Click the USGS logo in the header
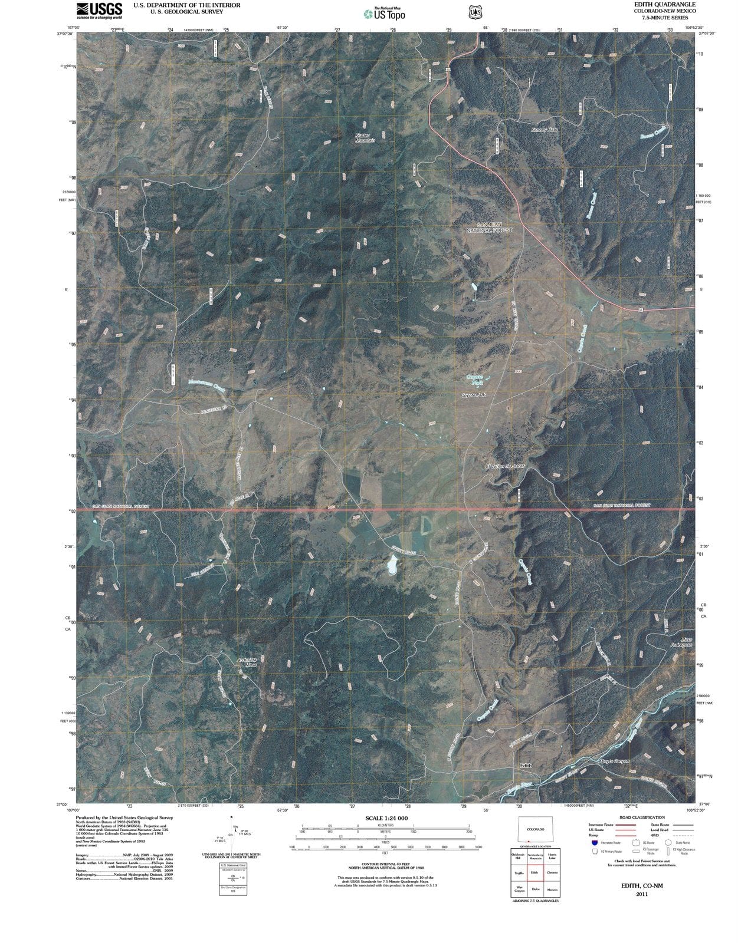[x=99, y=9]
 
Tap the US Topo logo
[x=384, y=14]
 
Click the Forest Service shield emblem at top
[x=473, y=11]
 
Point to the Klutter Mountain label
[x=365, y=137]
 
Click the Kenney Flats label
[x=544, y=129]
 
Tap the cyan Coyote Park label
[x=475, y=380]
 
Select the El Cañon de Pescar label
[x=504, y=466]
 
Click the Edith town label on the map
[x=525, y=766]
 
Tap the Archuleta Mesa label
[x=247, y=661]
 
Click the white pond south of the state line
[x=391, y=566]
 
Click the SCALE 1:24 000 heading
[x=386, y=819]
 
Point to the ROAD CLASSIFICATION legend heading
[x=642, y=817]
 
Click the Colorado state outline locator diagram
[x=535, y=829]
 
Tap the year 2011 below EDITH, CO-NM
[x=642, y=895]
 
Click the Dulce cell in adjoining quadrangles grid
[x=535, y=889]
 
